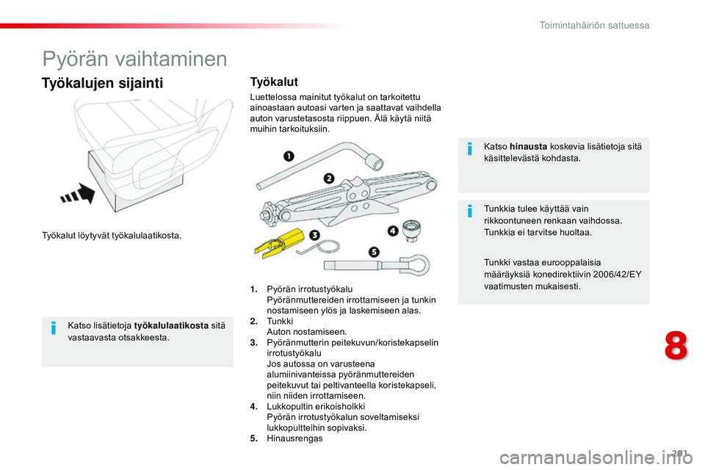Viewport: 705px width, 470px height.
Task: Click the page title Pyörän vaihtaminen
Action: click(x=134, y=58)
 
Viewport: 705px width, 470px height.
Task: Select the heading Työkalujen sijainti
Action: click(x=103, y=82)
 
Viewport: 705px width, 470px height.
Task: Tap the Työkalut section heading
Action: click(x=274, y=82)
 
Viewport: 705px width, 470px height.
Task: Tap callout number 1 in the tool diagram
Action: click(x=289, y=156)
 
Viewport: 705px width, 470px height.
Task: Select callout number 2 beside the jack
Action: click(x=328, y=178)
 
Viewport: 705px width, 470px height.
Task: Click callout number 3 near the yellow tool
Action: click(x=314, y=235)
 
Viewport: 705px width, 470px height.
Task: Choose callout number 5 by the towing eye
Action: click(x=374, y=252)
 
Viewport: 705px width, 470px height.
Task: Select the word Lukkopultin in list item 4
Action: click(x=289, y=406)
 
